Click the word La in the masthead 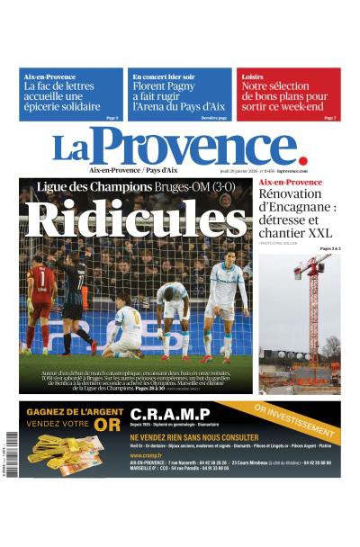(x=70, y=149)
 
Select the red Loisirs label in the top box (x=252, y=77)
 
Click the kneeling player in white (x=125, y=329)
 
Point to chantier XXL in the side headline (x=289, y=233)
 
